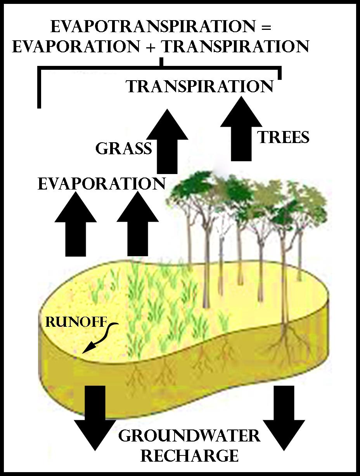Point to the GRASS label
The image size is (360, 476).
(x=123, y=148)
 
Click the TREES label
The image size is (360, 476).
(x=284, y=138)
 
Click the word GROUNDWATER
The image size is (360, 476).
(x=189, y=436)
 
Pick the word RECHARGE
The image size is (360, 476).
(x=189, y=455)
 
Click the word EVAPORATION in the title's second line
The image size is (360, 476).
(x=76, y=47)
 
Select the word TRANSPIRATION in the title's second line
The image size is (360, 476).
(x=235, y=47)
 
